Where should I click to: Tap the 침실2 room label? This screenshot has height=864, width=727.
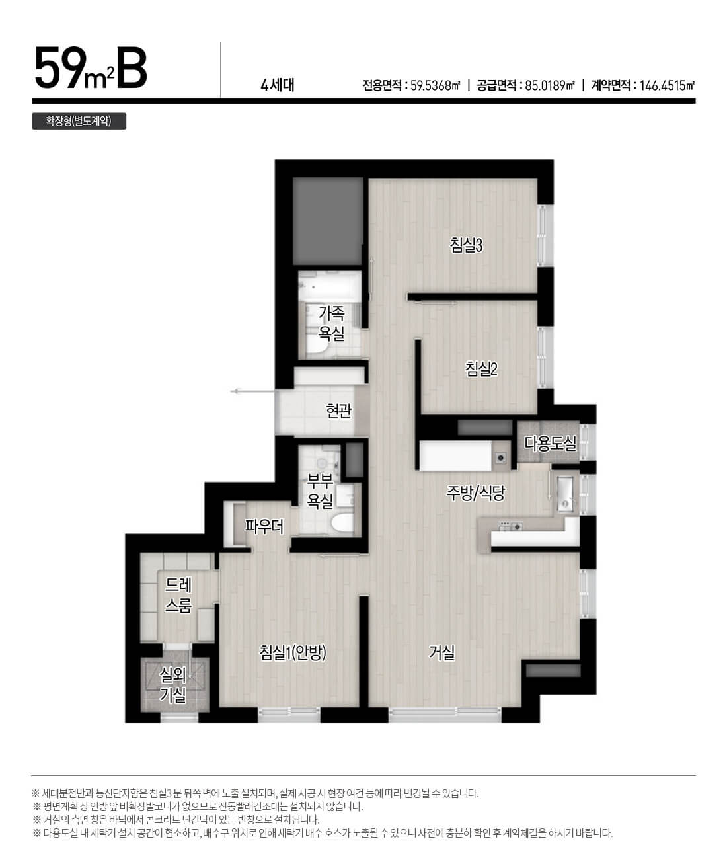click(x=480, y=369)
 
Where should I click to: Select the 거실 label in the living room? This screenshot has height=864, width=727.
click(x=442, y=652)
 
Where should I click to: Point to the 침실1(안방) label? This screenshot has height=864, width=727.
click(x=293, y=652)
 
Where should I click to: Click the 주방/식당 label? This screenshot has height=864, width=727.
click(x=475, y=492)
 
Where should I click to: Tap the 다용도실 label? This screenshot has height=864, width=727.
click(x=550, y=443)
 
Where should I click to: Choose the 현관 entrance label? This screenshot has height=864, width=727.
click(x=338, y=411)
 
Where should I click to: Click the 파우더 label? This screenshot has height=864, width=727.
click(x=264, y=527)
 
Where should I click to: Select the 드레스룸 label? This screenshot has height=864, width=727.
click(x=178, y=595)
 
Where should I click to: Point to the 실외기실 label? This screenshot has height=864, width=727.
click(x=173, y=686)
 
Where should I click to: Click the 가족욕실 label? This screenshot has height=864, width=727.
click(x=331, y=323)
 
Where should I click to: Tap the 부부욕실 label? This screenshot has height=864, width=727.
click(x=319, y=491)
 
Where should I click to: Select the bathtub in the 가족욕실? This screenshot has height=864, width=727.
click(x=330, y=286)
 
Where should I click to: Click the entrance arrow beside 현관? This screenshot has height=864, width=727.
click(x=252, y=391)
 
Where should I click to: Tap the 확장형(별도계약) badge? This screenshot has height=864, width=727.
click(x=79, y=121)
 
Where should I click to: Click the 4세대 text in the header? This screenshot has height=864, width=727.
click(x=277, y=85)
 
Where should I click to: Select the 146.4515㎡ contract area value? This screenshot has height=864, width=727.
click(x=667, y=86)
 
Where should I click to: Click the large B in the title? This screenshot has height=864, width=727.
click(x=132, y=67)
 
